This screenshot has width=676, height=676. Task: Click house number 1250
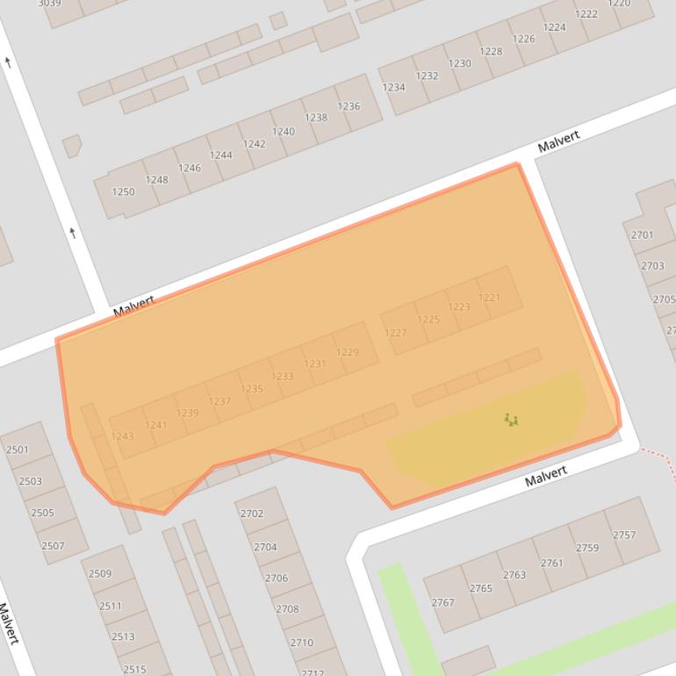click(123, 191)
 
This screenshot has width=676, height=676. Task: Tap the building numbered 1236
click(349, 106)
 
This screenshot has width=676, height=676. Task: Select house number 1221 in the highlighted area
click(490, 298)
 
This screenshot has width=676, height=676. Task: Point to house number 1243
click(123, 436)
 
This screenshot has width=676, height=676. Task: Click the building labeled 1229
click(348, 352)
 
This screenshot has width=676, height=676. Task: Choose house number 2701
click(642, 234)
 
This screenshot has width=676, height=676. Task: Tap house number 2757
click(624, 535)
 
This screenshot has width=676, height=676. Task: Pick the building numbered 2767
click(442, 602)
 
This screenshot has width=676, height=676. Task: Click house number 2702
click(252, 514)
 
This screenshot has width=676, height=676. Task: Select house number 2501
click(18, 449)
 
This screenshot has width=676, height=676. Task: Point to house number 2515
click(134, 669)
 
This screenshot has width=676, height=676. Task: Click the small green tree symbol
click(511, 421)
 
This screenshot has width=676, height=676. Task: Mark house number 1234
click(393, 87)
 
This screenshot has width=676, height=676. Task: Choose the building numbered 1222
click(586, 14)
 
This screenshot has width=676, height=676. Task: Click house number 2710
click(301, 642)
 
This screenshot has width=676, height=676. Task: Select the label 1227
click(395, 333)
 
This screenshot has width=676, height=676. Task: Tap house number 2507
click(53, 545)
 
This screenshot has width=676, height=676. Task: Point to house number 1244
click(221, 155)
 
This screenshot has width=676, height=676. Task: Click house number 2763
click(514, 575)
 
